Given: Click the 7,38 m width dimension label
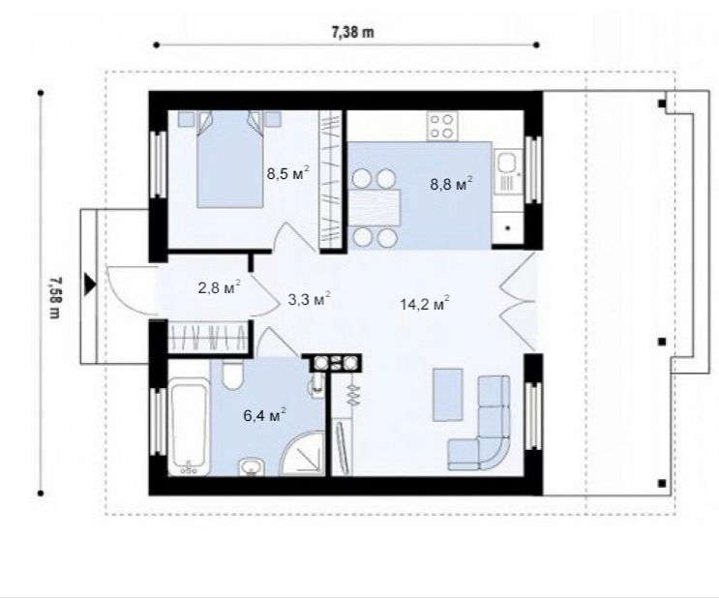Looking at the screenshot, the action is pos(352,33).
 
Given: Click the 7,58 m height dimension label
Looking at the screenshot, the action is pos(54,298).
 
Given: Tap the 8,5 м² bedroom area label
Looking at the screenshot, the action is pos(288,173).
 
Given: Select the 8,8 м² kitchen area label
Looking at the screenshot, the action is pos(451,184).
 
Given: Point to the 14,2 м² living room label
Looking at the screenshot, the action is pos(424,303).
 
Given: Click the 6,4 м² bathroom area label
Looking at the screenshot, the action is pos(264,415).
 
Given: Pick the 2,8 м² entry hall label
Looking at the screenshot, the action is pos(220,287).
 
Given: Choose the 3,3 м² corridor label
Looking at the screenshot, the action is pos(309,299).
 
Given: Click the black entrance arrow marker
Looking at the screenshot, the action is pos(90,284).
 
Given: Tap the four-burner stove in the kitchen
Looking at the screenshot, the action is pos(441,126).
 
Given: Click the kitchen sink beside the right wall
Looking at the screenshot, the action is pos(508,172).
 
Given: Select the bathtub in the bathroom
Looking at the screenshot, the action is pos(189,427).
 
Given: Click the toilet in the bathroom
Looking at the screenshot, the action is pos(232,374).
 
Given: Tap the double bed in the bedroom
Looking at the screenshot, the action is pos(229,160).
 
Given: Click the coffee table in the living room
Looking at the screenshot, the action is pos(448,395).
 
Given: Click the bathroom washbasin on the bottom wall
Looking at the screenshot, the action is pos(251,466).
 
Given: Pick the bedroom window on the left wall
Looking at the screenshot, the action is pos(158,164).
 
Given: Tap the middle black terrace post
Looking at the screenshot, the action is pos(662,342).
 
